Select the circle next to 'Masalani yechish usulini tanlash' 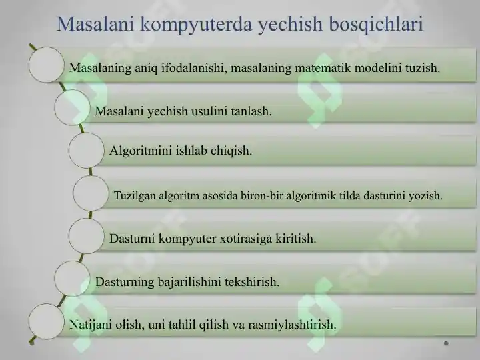click(x=73, y=108)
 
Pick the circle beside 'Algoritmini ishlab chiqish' click(x=87, y=150)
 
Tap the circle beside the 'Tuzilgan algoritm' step click(x=91, y=193)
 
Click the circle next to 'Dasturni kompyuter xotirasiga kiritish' click(x=87, y=236)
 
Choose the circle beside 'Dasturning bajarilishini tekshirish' click(x=73, y=279)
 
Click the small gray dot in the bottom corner click(x=446, y=344)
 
